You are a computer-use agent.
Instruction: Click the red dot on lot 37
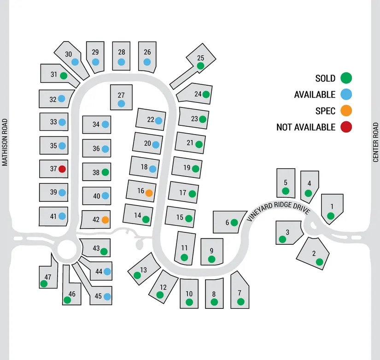point(62,169)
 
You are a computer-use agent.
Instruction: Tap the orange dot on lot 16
point(149,193)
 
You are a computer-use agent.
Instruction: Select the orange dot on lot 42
point(105,220)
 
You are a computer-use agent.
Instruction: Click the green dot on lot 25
point(200,66)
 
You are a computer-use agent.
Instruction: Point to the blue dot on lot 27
point(121,104)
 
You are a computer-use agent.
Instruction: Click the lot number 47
point(48,277)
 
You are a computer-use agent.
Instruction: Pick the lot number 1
point(331,206)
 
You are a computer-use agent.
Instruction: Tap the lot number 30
point(68,54)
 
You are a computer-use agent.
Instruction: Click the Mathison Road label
point(5,142)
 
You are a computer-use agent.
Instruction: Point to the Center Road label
point(376,142)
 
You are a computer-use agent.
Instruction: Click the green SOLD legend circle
point(346,78)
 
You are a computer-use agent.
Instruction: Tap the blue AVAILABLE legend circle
point(346,94)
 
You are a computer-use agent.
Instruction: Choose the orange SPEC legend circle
point(346,111)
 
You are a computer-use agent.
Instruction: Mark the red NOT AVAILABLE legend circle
point(346,127)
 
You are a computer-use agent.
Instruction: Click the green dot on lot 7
point(240,302)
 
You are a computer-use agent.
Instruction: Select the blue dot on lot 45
point(107,296)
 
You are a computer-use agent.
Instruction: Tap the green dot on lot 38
point(105,172)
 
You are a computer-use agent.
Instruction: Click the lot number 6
point(227,223)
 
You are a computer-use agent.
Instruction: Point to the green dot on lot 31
point(64,75)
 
